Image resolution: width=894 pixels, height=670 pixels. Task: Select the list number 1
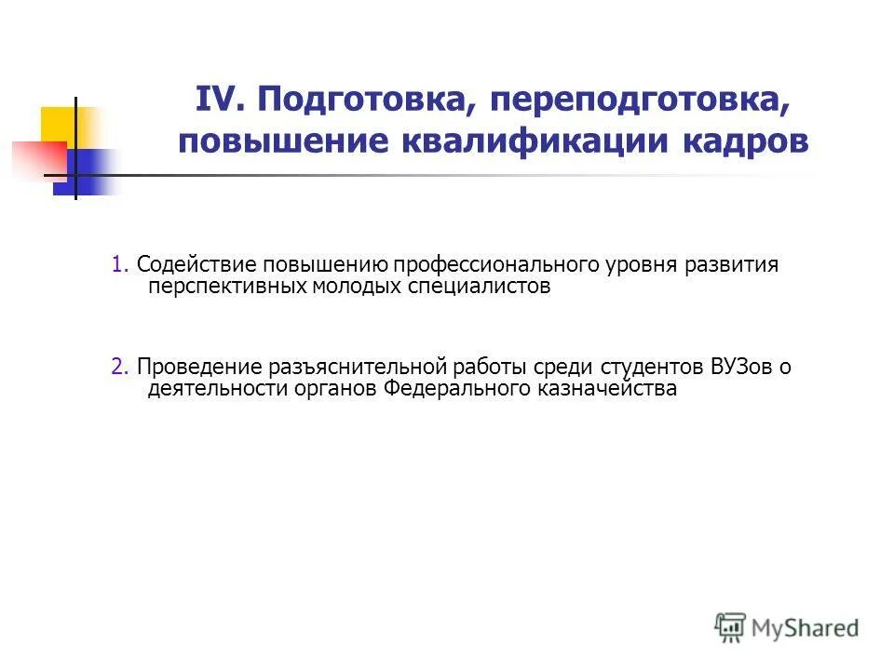pos(118,265)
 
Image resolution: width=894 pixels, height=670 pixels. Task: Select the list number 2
pos(118,368)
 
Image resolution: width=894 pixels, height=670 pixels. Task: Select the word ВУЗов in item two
pos(742,368)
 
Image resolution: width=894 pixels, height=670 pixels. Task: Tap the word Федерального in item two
pos(455,389)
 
